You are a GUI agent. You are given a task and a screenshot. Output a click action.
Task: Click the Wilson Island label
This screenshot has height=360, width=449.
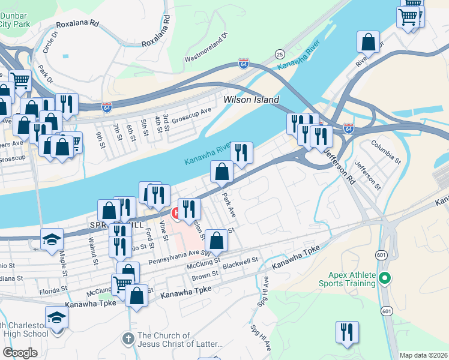coord(252,100)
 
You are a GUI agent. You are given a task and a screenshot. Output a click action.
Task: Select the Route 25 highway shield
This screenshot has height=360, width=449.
coord(279,54)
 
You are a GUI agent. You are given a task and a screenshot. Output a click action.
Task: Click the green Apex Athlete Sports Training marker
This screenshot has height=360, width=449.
coord(385,278)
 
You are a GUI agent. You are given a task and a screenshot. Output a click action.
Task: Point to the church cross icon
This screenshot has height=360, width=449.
coord(128,338)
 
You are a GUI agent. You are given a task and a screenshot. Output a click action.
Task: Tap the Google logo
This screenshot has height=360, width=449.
coord(20,353)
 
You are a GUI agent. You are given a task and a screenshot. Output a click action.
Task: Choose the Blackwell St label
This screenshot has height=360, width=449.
coord(240,262)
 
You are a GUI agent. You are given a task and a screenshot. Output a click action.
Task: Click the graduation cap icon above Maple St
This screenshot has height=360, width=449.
coord(52,239)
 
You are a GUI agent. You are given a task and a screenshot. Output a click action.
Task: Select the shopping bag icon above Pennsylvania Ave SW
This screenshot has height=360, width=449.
coord(217,240)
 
